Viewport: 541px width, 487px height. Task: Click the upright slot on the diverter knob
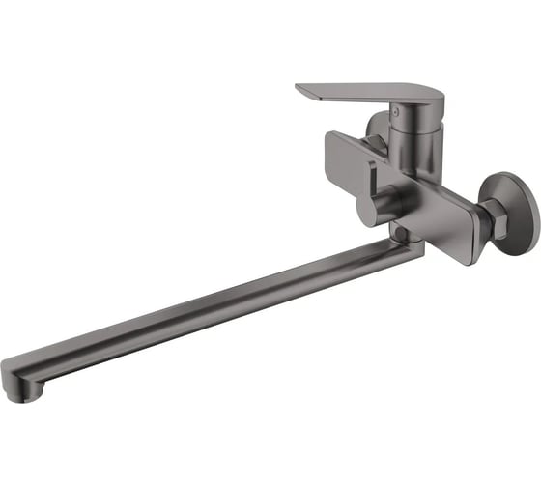[x=371, y=192]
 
